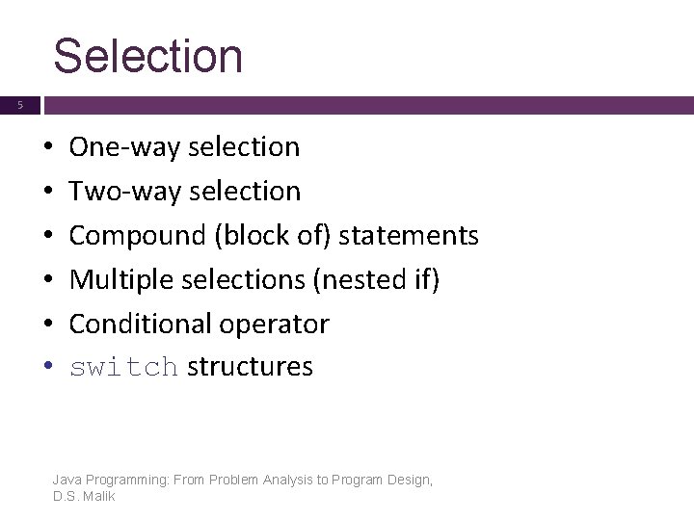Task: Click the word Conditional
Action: point(138,325)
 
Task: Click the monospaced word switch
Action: point(124,368)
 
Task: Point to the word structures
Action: point(251,367)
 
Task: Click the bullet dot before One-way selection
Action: point(47,148)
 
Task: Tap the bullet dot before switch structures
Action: point(47,368)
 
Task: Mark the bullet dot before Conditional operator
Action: point(47,325)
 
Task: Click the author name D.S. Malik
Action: point(84,495)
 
